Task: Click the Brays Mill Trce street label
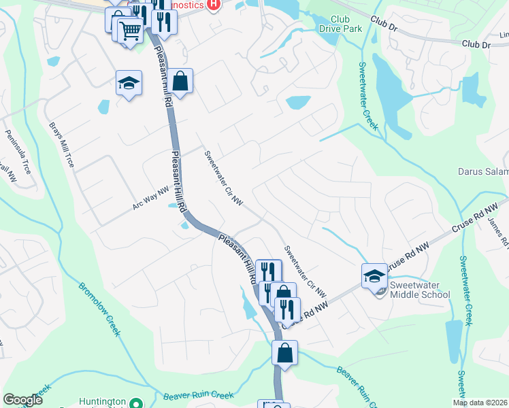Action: (61, 145)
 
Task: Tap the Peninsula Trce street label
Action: (18, 152)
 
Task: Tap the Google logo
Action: (22, 400)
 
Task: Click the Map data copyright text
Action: (480, 403)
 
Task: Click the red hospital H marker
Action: (214, 5)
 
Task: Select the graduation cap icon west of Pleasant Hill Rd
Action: (129, 83)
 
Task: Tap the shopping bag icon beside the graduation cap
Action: (180, 82)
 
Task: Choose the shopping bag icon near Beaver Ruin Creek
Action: (284, 353)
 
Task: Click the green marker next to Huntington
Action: (136, 402)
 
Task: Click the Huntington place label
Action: (103, 402)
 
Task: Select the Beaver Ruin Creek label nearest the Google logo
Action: (199, 395)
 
